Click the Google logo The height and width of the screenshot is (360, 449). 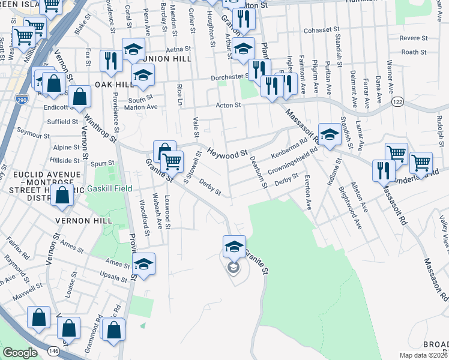coord(20,353)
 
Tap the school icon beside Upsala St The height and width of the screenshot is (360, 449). coord(144,265)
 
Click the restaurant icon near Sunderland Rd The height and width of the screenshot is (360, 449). coord(383,171)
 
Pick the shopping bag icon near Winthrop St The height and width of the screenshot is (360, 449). coord(79,97)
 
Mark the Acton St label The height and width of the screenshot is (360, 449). coord(229,105)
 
